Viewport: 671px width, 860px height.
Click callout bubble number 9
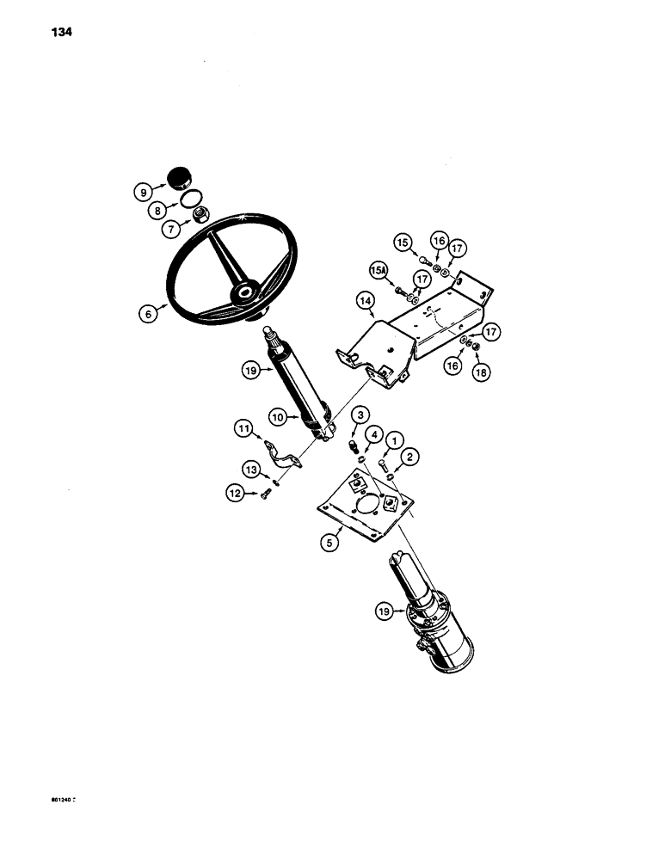pyautogui.click(x=144, y=192)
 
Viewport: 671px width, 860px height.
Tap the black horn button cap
pyautogui.click(x=180, y=179)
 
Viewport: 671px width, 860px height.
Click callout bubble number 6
pyautogui.click(x=146, y=316)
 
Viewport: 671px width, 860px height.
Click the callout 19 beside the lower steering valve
pyautogui.click(x=384, y=611)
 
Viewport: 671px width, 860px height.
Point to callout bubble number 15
pyautogui.click(x=403, y=243)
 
